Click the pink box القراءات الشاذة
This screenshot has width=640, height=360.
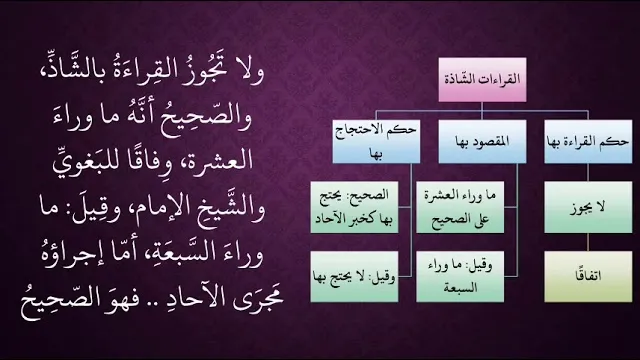(482, 80)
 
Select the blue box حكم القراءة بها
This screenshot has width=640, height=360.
(588, 142)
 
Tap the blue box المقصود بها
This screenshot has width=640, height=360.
(482, 142)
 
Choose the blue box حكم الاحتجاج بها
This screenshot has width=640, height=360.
(376, 142)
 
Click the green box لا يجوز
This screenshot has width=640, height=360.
(588, 207)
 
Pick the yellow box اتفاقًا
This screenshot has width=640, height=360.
(588, 276)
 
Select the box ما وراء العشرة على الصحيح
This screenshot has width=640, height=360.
(460, 207)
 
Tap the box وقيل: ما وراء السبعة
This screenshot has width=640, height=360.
(460, 276)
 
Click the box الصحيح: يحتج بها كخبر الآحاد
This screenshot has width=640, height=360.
(354, 207)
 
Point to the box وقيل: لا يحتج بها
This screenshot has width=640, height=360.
(354, 276)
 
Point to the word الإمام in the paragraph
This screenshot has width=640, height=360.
(156, 208)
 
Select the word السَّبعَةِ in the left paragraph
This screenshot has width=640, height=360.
(179, 253)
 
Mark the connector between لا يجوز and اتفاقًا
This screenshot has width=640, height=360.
(588, 242)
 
